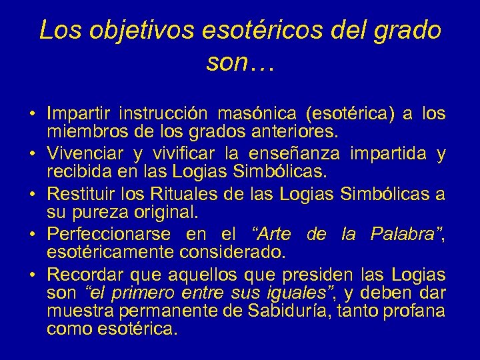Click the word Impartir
[x=79, y=113]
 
